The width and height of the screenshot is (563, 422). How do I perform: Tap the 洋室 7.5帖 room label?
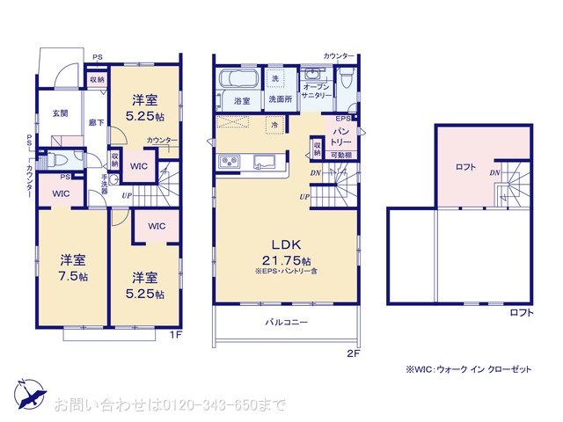(x=73, y=267)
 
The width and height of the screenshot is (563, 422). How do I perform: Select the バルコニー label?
(x=287, y=323)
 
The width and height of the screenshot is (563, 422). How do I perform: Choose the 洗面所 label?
(x=280, y=99)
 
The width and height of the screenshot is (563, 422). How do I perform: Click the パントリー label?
(x=341, y=135)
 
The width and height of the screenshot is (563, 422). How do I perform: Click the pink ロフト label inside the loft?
(x=465, y=167)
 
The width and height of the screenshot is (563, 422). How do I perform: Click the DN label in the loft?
(x=495, y=173)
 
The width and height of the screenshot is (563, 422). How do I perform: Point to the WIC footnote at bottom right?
(x=468, y=370)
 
